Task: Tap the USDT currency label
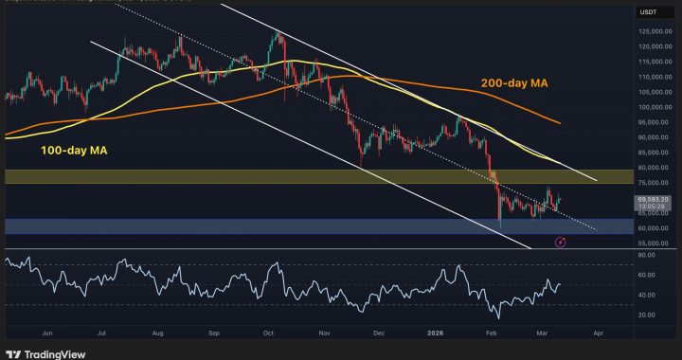click(650, 11)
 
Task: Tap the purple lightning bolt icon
click(560, 243)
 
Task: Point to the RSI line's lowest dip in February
click(494, 316)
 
